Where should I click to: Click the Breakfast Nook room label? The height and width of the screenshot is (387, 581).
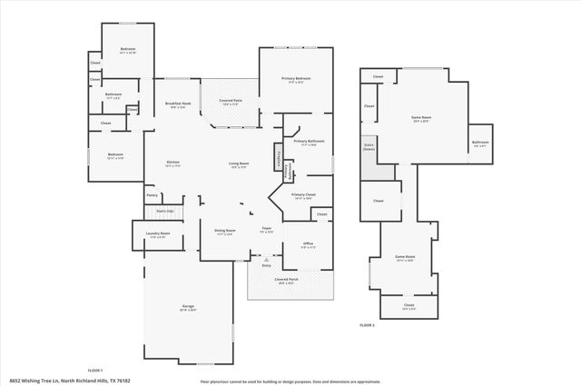click(178, 104)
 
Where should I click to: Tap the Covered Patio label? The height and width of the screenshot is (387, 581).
click(230, 101)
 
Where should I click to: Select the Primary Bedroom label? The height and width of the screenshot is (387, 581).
click(296, 80)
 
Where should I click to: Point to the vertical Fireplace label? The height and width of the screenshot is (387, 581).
click(278, 156)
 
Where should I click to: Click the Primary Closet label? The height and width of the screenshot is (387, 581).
click(303, 194)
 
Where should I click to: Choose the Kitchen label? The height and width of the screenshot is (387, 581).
click(172, 163)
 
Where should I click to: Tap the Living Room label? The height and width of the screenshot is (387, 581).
click(239, 164)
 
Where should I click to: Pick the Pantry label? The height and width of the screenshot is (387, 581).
click(152, 194)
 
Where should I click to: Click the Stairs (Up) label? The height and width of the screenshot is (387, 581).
click(164, 211)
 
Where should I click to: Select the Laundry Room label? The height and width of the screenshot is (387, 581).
click(158, 234)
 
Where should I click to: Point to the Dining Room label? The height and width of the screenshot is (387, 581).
click(225, 231)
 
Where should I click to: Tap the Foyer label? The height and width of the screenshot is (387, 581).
click(267, 229)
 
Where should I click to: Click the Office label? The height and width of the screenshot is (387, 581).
click(308, 243)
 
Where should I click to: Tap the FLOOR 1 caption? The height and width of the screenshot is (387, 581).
click(94, 370)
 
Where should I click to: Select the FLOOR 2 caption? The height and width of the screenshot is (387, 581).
click(367, 324)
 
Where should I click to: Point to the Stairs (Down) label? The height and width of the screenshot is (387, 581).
click(369, 145)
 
